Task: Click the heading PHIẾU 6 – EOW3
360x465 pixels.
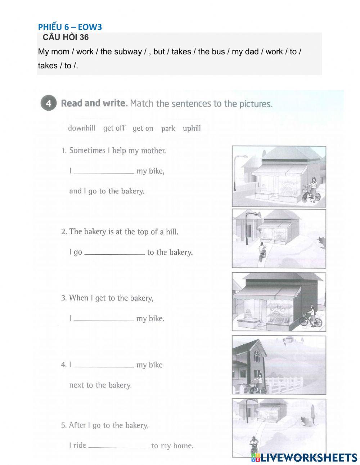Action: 70,27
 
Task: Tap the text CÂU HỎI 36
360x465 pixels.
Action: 66,37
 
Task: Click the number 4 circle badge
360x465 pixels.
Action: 49,104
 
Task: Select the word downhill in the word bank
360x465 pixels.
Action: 82,128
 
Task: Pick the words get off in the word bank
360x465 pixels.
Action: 114,128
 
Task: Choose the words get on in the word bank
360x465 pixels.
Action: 143,129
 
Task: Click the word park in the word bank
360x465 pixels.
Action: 168,129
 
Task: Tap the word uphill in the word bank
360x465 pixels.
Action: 192,128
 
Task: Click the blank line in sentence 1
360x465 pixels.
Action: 104,173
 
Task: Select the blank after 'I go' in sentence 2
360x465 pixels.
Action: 114,254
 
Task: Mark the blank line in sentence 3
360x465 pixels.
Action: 104,320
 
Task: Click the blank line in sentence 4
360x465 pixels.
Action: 104,366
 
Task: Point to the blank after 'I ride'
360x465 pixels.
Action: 119,447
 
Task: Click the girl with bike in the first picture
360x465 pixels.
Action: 312,190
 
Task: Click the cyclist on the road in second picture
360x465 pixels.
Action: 262,252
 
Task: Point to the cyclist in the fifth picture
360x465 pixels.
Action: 254,446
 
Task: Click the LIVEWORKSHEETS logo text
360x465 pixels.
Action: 308,457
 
